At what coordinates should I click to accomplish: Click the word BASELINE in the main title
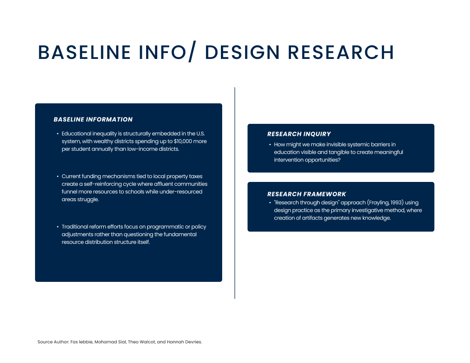tap(84, 52)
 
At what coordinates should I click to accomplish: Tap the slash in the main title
tap(192, 52)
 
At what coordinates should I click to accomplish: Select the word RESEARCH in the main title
tap(341, 52)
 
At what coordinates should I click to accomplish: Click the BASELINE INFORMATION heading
tap(93, 120)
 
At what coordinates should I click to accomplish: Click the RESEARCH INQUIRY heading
tap(299, 134)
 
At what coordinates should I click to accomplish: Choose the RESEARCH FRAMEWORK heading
tap(306, 194)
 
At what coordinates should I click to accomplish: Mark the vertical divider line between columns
tap(235, 193)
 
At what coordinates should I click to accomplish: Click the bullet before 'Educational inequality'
tap(58, 134)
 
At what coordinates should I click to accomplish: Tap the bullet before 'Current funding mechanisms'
tap(58, 176)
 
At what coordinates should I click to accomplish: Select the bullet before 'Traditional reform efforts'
tap(58, 227)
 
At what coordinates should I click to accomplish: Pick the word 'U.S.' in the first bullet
tap(200, 134)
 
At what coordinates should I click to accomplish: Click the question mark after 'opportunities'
tap(339, 160)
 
